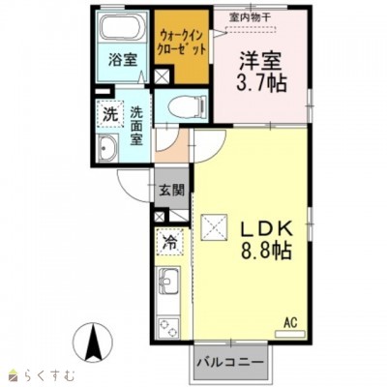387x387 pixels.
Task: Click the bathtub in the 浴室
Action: [123, 27]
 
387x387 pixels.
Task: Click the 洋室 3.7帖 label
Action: [261, 72]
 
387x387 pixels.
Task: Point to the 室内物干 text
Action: [251, 17]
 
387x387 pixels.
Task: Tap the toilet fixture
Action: [187, 105]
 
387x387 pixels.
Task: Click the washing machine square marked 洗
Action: [110, 114]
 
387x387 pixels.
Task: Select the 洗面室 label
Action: [136, 126]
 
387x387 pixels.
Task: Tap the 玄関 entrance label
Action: [171, 191]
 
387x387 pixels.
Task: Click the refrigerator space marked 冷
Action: [169, 243]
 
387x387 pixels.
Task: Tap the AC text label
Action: [290, 322]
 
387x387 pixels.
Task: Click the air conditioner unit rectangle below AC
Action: [290, 334]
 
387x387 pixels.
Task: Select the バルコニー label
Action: [230, 363]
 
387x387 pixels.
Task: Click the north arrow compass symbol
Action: [93, 342]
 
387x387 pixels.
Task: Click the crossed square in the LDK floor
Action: [215, 227]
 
